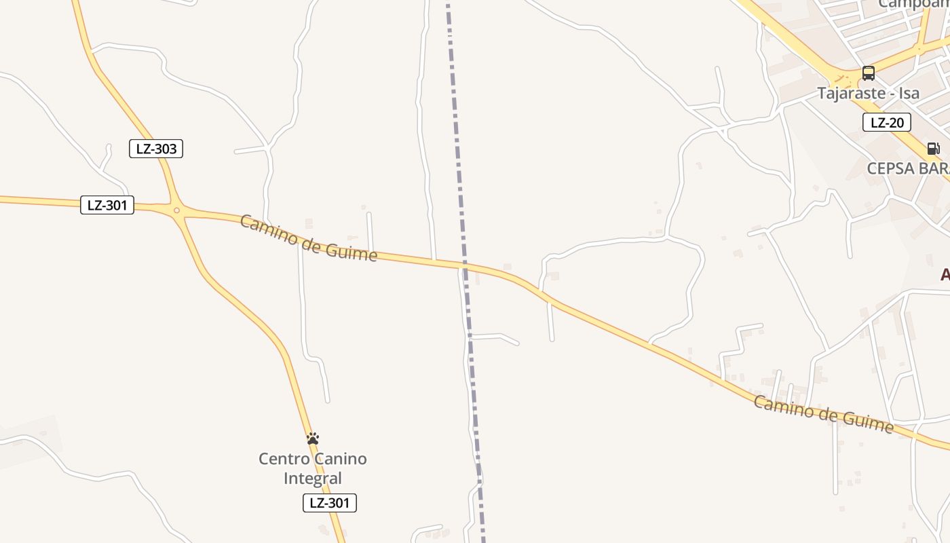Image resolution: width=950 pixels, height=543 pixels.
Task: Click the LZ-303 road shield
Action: point(156,149)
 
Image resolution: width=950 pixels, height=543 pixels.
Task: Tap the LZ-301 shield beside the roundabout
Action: point(107,205)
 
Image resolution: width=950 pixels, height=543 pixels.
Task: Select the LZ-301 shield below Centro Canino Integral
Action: point(329,503)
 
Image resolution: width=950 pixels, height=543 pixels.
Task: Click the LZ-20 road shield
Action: point(886,122)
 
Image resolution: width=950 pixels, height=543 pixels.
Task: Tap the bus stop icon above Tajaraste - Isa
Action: point(868,73)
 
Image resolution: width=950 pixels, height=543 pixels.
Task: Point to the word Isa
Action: point(909,93)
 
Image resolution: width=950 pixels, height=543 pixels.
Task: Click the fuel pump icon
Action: point(933,149)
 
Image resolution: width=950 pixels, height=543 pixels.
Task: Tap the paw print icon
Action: point(313,439)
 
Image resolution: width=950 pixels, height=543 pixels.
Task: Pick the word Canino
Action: point(345,459)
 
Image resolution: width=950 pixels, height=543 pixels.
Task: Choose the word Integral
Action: point(313,478)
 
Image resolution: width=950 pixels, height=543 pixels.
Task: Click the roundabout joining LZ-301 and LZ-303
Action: point(176,210)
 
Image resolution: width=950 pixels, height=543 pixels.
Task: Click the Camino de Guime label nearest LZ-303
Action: point(309,238)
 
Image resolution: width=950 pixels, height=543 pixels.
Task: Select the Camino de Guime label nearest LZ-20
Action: point(824,414)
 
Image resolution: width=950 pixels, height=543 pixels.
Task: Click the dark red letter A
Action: point(945,275)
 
